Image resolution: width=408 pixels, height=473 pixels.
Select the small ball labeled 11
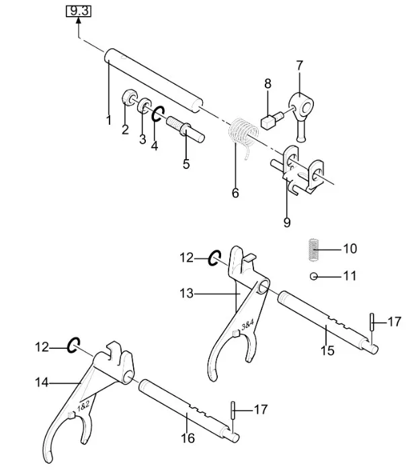[313, 276]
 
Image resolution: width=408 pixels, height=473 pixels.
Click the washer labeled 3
[143, 107]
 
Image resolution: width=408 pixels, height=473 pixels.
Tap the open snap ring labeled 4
[157, 114]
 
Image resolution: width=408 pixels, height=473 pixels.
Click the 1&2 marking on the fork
[85, 407]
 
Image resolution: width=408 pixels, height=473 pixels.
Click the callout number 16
[188, 439]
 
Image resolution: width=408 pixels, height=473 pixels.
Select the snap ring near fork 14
[73, 346]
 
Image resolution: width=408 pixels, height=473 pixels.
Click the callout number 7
[299, 66]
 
